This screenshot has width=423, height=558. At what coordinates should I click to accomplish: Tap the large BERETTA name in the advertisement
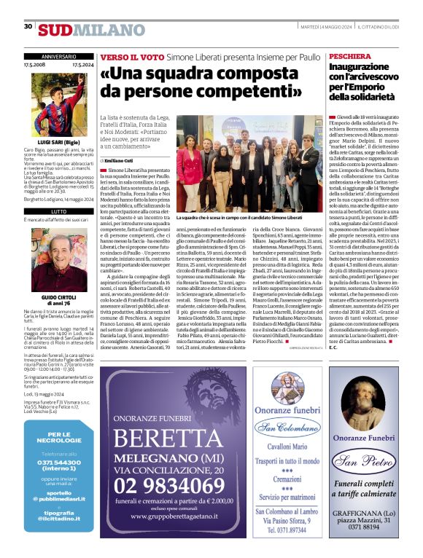pos(172,440)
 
